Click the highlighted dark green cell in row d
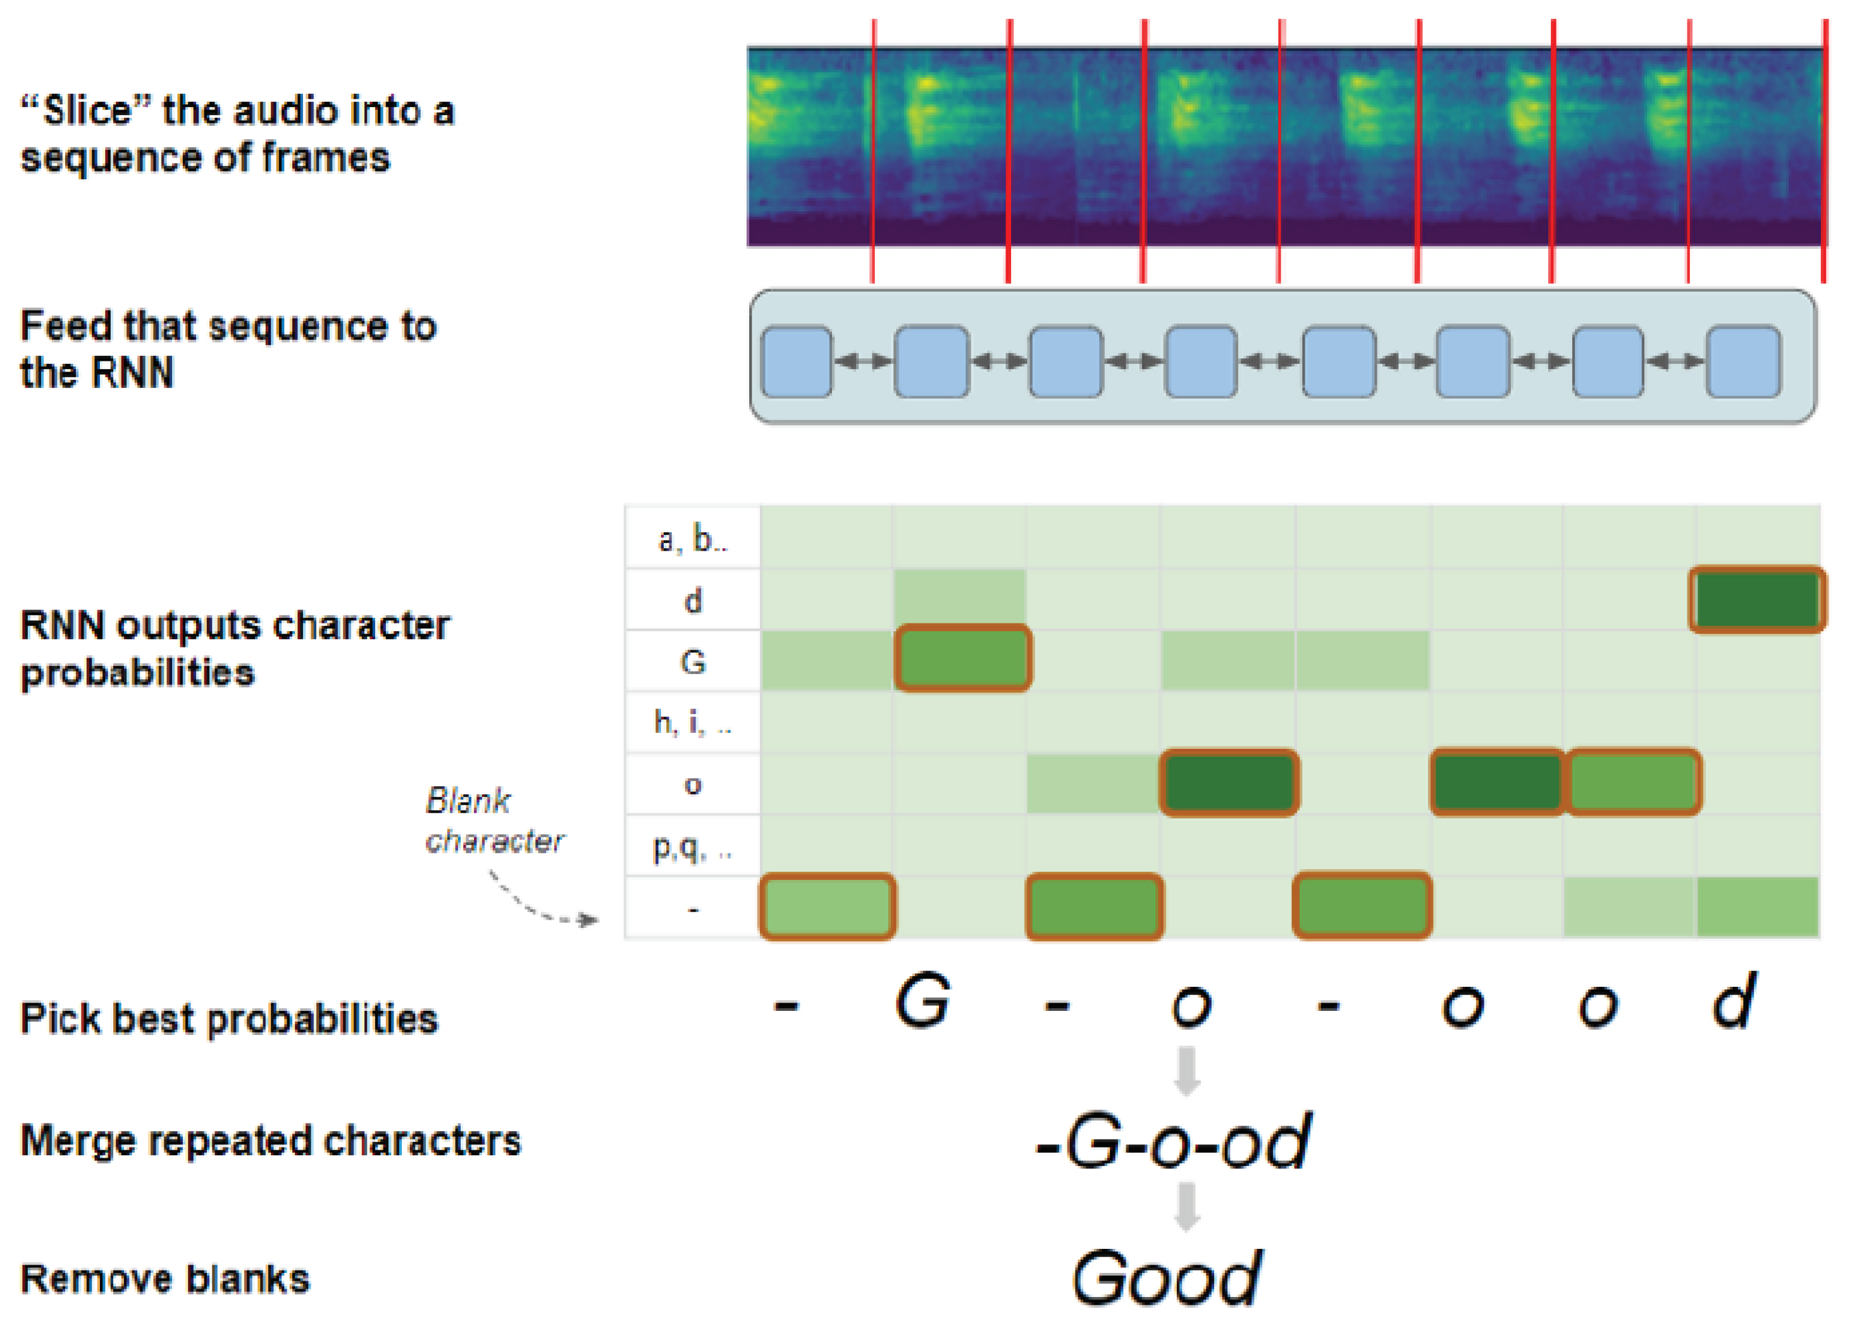(1756, 599)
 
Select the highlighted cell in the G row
(963, 658)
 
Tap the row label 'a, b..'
(692, 539)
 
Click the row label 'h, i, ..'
(692, 722)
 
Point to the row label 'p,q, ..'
(692, 846)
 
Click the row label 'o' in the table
(692, 784)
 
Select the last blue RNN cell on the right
(1743, 361)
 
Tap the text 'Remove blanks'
(165, 1279)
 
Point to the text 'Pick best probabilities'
(229, 1019)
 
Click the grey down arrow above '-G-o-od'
(1187, 1070)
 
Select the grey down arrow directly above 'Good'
(1187, 1206)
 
